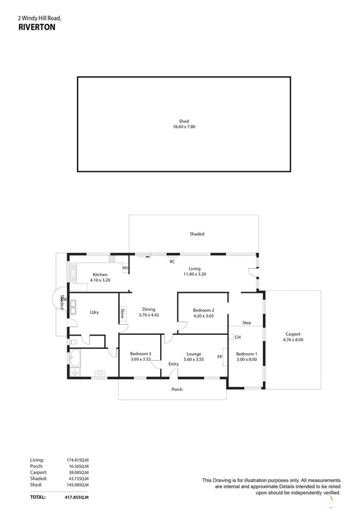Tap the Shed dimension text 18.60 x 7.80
tap(183, 127)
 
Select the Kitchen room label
tap(100, 274)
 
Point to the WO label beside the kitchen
tap(125, 268)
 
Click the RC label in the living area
tap(172, 262)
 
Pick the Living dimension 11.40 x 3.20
tap(194, 274)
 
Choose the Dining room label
tap(149, 309)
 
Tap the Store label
tap(122, 314)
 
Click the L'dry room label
tap(94, 313)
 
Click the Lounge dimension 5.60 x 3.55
tap(194, 359)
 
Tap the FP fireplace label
tap(219, 356)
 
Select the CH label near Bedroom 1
tap(238, 337)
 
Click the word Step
tap(246, 323)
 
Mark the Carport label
tap(293, 334)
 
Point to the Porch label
tap(177, 389)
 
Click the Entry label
tap(174, 364)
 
